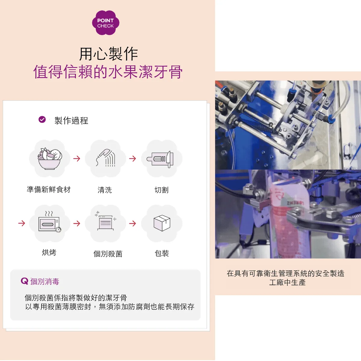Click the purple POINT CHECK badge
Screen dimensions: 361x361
tap(106, 23)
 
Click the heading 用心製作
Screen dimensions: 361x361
tap(109, 54)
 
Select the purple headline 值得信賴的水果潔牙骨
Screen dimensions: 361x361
tap(108, 72)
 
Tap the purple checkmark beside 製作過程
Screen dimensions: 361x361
tap(42, 119)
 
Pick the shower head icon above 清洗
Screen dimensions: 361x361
tap(106, 158)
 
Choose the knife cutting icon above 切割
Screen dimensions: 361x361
tap(160, 159)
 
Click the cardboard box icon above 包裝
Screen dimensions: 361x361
tap(162, 223)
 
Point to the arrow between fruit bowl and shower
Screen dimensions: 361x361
tap(77, 159)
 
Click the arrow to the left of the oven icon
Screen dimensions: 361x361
tap(22, 223)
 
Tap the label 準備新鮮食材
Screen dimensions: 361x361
tap(49, 190)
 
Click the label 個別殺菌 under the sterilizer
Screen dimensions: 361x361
tap(108, 254)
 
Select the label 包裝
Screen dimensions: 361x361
tap(162, 253)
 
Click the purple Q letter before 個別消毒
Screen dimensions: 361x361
tap(25, 281)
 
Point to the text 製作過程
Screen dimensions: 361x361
tap(71, 120)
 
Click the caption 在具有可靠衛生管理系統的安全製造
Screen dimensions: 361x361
tap(285, 273)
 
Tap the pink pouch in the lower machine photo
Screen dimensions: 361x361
tap(286, 215)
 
